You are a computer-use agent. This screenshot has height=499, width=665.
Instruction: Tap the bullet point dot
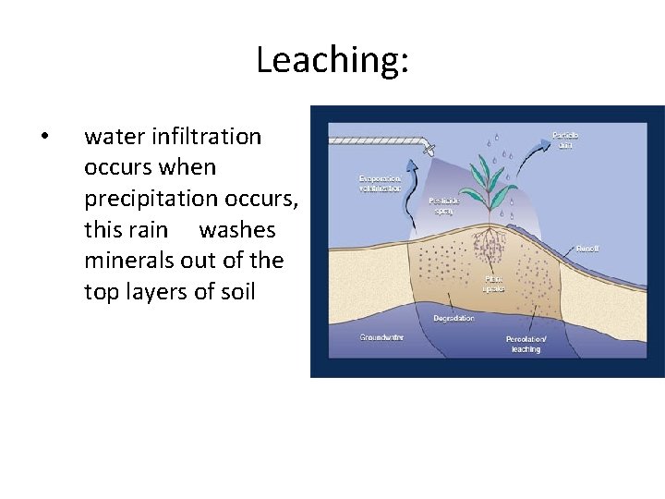(x=46, y=138)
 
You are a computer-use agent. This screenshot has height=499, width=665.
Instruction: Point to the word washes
(x=237, y=229)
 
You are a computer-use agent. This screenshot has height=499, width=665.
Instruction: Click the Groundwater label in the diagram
(x=381, y=337)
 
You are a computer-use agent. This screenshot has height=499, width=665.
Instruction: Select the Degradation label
(x=453, y=318)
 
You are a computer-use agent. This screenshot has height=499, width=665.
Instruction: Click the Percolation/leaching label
(x=526, y=344)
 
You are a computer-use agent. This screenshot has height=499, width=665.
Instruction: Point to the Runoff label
(x=586, y=248)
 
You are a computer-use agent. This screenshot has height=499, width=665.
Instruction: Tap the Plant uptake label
(x=495, y=282)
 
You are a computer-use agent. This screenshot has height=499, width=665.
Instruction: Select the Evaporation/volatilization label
(x=380, y=182)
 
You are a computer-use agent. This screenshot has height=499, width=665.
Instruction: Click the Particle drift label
(x=564, y=140)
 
